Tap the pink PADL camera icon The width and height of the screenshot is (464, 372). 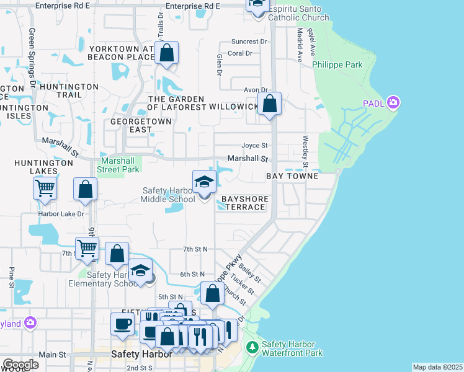(x=392, y=102)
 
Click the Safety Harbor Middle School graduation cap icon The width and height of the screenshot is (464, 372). (x=204, y=182)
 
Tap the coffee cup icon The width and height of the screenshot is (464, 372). (x=122, y=323)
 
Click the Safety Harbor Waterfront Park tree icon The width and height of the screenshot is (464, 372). (x=252, y=347)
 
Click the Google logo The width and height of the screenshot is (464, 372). (x=20, y=364)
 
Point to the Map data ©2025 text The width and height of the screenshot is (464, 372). (x=437, y=367)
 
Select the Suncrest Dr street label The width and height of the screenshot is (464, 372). (x=249, y=42)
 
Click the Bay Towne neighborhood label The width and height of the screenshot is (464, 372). (x=292, y=176)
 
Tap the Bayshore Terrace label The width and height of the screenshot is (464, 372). (x=244, y=203)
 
